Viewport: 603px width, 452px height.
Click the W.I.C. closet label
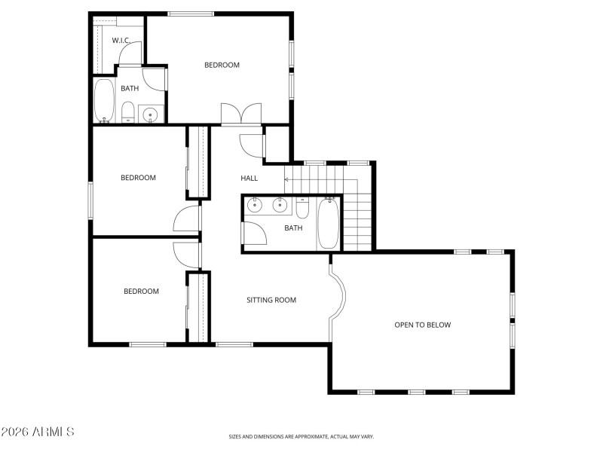tap(122, 40)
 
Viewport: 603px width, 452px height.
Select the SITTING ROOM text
tap(271, 300)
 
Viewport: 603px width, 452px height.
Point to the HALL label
tap(249, 179)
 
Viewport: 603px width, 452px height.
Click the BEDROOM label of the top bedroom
tap(222, 65)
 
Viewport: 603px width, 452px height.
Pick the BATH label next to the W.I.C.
tap(130, 88)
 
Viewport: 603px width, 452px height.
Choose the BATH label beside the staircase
tap(293, 228)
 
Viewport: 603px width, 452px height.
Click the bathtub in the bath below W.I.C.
tap(103, 101)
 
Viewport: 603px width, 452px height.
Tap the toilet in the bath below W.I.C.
tap(128, 113)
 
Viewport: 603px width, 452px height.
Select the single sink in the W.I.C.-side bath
tap(151, 115)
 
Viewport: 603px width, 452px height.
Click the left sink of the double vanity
tap(255, 203)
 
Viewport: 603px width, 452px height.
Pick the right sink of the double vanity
tap(279, 203)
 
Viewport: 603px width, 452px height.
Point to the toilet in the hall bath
tap(302, 207)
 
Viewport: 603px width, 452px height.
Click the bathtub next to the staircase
tap(328, 224)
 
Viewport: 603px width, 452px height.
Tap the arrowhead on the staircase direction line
tap(286, 180)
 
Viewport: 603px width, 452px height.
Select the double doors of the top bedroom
tap(240, 114)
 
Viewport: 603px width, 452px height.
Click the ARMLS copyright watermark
tap(38, 432)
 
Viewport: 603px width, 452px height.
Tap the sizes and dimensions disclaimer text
tap(301, 436)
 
